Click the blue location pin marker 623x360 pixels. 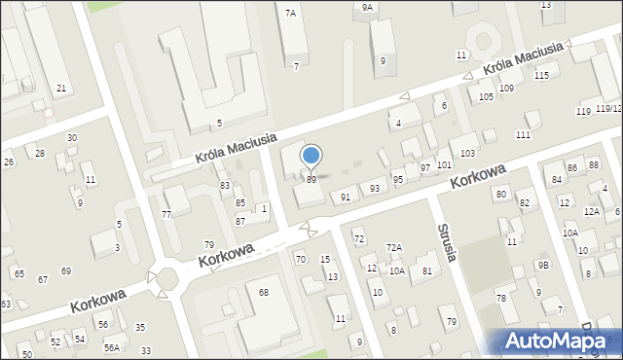pos(311,156)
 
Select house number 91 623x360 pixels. pos(345,198)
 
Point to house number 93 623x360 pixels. pos(374,188)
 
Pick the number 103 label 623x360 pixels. pos(468,154)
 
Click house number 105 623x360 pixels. pos(486,97)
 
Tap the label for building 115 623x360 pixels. pos(541,75)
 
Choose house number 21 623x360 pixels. pos(61,89)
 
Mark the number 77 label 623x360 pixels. pos(166,214)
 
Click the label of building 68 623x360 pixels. pos(263,292)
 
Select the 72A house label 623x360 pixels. pos(394,248)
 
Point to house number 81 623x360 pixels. pos(427,270)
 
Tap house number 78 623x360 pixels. pos(501,298)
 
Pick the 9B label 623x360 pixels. pos(543,266)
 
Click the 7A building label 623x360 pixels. pos(290,14)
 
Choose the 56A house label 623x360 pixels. pos(112,347)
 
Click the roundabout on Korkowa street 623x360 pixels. pos(167,280)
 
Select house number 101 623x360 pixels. pos(444,164)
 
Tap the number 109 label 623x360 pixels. pos(506,89)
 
